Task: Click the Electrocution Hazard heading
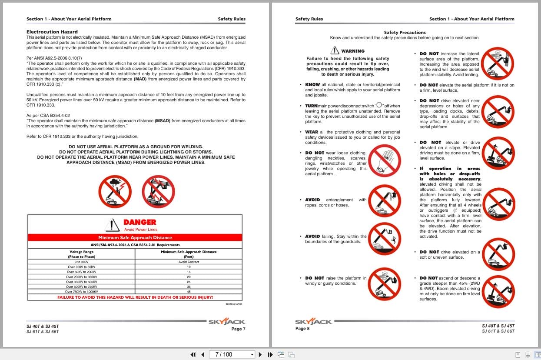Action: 52,32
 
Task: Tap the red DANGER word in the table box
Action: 140,222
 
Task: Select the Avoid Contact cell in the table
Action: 189,262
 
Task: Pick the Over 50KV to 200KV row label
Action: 82,272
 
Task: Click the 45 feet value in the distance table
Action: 189,292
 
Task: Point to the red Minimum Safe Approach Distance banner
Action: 135,237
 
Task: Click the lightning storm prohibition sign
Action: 115,191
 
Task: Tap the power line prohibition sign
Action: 158,191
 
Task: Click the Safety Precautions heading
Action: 405,32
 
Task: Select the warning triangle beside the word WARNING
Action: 335,50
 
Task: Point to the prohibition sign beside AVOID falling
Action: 384,239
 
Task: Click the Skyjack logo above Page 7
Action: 227,322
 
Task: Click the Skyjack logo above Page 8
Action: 313,322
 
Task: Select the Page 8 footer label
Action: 302,329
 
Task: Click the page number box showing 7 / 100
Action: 232,354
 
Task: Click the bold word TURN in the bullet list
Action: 311,106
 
